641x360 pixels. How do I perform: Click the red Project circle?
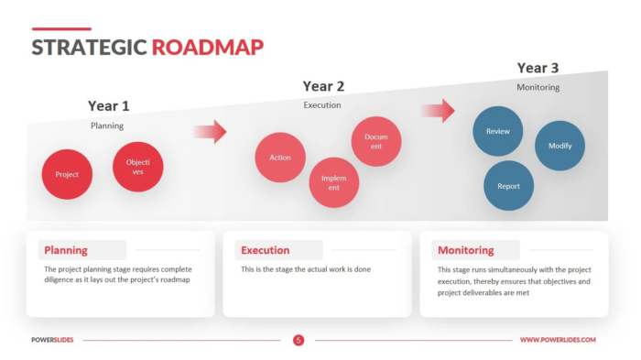point(67,174)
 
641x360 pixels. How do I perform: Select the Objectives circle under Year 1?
point(137,167)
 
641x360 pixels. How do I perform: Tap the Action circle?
point(280,158)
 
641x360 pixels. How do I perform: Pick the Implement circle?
point(333,182)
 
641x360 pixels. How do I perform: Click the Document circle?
point(376,141)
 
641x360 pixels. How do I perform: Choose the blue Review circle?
point(497,131)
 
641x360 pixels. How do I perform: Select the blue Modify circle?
point(560,146)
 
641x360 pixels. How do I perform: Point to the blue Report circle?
point(508,186)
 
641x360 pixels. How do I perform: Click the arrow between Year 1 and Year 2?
point(210,131)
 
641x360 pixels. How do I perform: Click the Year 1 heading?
point(109,105)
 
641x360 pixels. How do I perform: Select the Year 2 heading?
point(323,86)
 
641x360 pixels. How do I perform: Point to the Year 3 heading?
point(538,68)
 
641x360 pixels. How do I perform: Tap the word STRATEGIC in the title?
point(89,48)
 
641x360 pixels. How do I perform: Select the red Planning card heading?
point(66,250)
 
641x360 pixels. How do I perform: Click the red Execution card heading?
point(265,250)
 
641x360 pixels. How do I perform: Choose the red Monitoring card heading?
point(465,250)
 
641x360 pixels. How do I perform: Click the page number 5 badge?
point(299,340)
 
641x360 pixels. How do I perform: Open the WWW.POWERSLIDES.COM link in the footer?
point(558,340)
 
